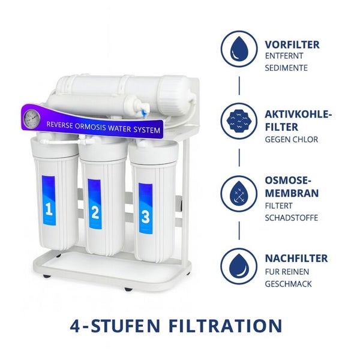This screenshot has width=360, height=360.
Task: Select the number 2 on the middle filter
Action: pos(95,211)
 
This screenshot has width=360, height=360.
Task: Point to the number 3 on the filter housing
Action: pos(145,216)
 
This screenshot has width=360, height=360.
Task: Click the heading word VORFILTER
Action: pos(292,44)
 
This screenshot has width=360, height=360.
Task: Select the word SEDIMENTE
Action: pos(286,68)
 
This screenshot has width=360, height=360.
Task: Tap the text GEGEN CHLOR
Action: pos(291,139)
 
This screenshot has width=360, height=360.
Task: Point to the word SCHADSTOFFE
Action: pos(291,217)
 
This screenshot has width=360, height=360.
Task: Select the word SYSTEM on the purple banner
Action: pos(146,130)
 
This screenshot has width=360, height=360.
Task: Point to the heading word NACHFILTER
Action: pos(296,259)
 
